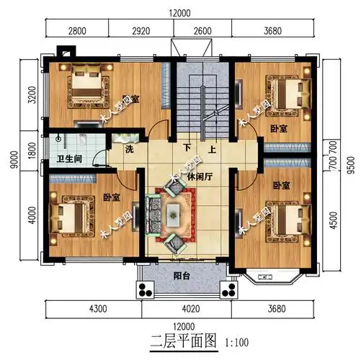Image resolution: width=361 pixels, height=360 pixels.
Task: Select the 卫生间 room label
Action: pos(69,158)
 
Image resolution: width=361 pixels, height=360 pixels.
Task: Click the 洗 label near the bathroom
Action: pos(129,150)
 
